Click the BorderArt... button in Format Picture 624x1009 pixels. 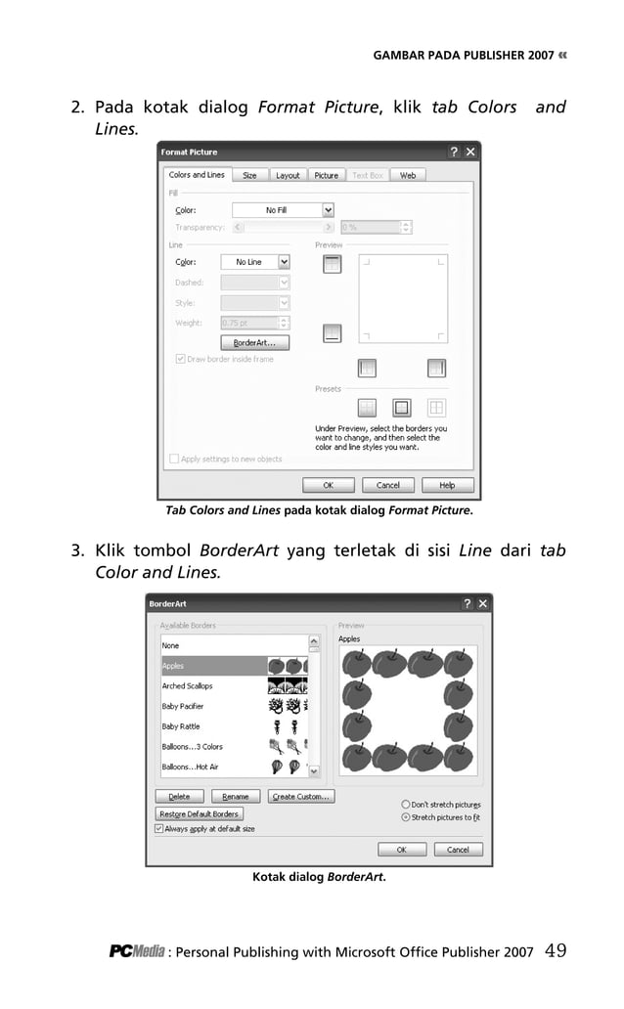[254, 343]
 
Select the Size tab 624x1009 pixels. [249, 175]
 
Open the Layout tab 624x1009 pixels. [288, 175]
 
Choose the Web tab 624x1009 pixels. [407, 175]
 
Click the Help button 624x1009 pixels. [446, 485]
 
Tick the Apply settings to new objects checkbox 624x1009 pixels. [175, 459]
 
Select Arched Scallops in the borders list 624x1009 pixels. [187, 686]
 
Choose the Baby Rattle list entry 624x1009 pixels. [181, 726]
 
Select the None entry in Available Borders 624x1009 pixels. [171, 645]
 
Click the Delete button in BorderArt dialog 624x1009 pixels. [179, 797]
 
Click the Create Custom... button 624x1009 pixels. [300, 797]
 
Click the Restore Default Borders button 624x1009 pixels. [199, 813]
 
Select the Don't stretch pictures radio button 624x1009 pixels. [406, 805]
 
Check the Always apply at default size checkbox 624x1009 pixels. [159, 829]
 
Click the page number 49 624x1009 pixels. [555, 950]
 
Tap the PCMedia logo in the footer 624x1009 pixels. [136, 951]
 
